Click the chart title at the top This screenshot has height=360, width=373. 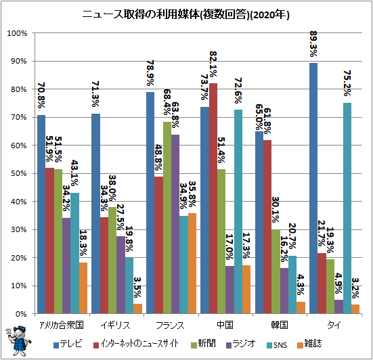185,15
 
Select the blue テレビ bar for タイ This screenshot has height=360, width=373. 313,188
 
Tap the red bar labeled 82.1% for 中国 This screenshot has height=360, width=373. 213,198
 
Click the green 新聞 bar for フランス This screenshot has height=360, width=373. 167,218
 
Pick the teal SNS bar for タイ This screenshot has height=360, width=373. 347,208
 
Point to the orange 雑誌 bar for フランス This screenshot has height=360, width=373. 192,263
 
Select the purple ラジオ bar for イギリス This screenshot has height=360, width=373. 121,275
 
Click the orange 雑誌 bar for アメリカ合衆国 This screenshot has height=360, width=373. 83,288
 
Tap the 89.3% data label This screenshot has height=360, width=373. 313,44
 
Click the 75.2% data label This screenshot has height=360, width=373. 347,83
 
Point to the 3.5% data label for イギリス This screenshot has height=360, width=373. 137,287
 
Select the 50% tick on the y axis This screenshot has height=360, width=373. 18,174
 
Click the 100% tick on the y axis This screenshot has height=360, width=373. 17,33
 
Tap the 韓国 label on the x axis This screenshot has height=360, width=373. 280,325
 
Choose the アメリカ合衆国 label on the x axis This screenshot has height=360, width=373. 62,325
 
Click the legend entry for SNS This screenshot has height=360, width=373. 277,344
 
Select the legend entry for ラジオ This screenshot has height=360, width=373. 241,344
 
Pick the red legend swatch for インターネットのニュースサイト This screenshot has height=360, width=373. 96,345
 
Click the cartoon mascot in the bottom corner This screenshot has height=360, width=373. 18,341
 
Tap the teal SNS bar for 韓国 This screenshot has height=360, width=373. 292,285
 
